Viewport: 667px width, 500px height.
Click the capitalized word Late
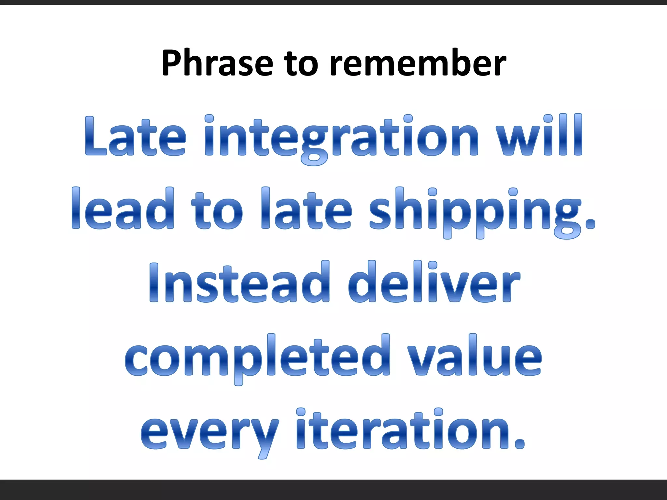click(x=135, y=137)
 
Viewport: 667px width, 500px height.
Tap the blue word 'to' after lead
click(x=217, y=210)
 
